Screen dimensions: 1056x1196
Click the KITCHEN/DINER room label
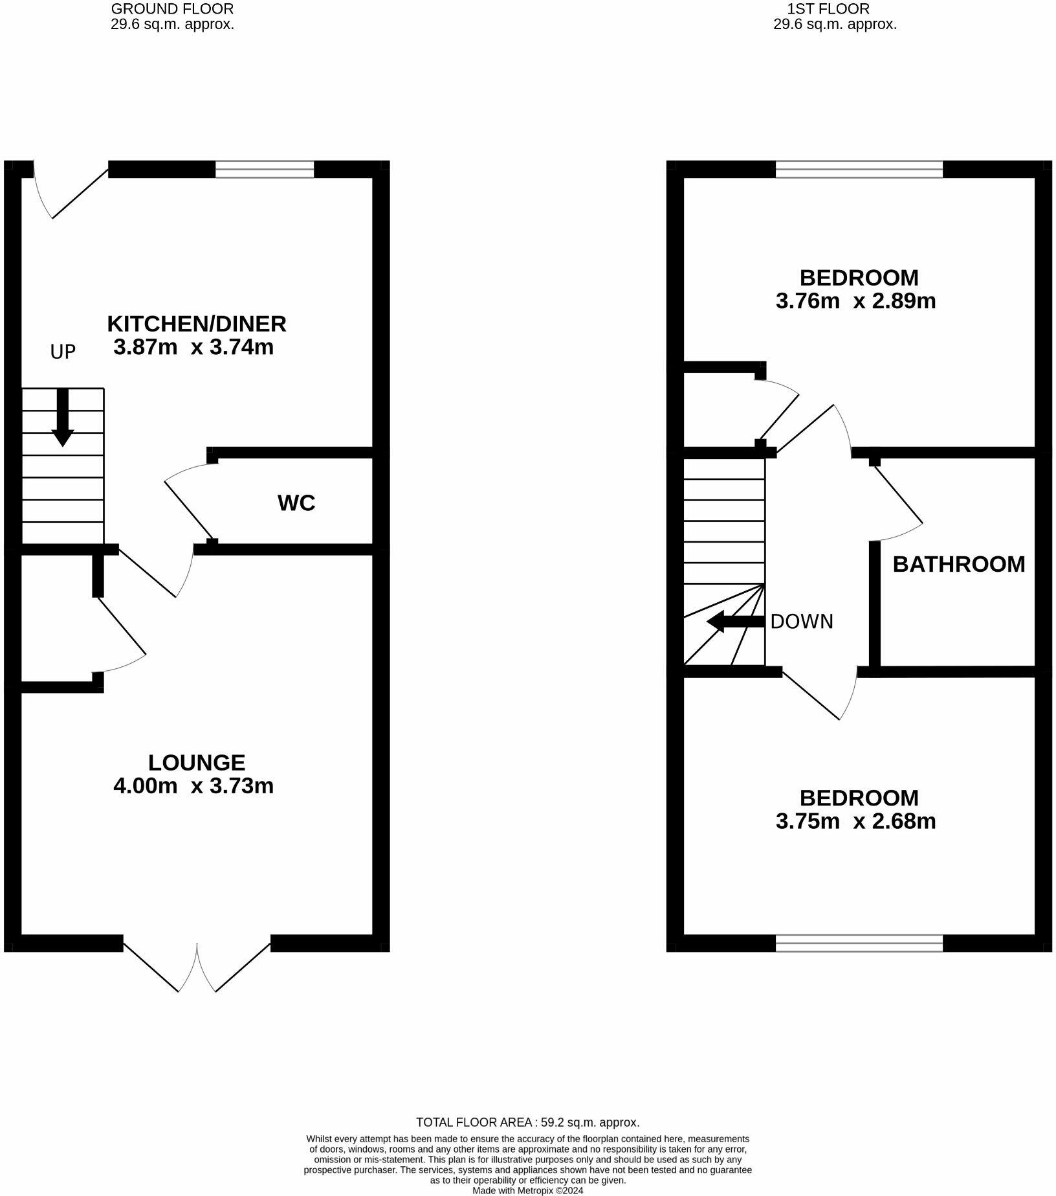(197, 323)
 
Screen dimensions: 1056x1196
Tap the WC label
(296, 502)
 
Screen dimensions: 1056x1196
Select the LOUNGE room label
(197, 762)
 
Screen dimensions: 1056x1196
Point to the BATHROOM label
(959, 564)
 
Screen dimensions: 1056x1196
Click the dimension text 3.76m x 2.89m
(856, 301)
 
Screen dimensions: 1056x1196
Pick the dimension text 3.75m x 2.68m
(856, 821)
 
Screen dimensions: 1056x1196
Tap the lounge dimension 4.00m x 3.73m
(193, 785)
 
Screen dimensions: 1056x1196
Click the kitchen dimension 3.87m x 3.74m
(193, 347)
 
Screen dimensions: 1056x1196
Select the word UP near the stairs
(63, 352)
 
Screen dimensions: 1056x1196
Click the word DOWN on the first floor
(802, 622)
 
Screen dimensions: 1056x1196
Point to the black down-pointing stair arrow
(62, 418)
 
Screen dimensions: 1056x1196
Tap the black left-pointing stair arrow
(736, 622)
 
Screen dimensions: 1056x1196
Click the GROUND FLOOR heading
(172, 9)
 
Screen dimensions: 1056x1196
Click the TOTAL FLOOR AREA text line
(527, 1122)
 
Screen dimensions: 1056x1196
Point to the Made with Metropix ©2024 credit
(528, 1190)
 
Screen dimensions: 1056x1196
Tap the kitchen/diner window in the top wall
(264, 169)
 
